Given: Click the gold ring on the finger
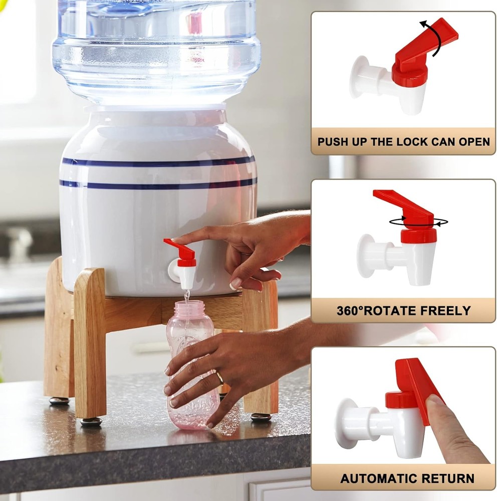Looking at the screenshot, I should point(219,377).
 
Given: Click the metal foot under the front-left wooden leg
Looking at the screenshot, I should point(91,421).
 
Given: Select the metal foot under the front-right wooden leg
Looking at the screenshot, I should point(261,417).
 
